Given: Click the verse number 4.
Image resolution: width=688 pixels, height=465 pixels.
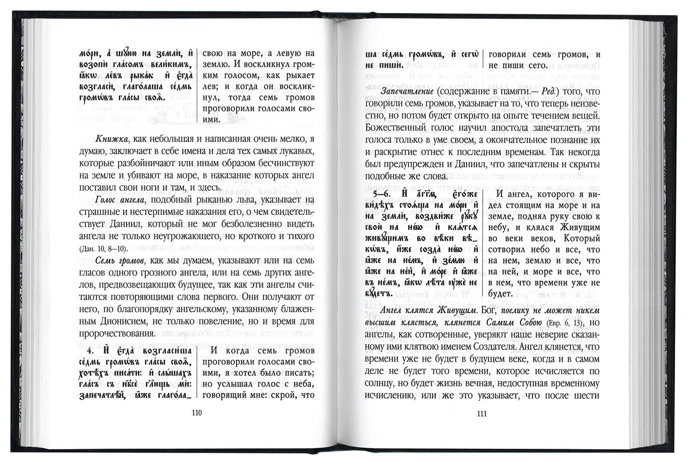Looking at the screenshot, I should [91, 352].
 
